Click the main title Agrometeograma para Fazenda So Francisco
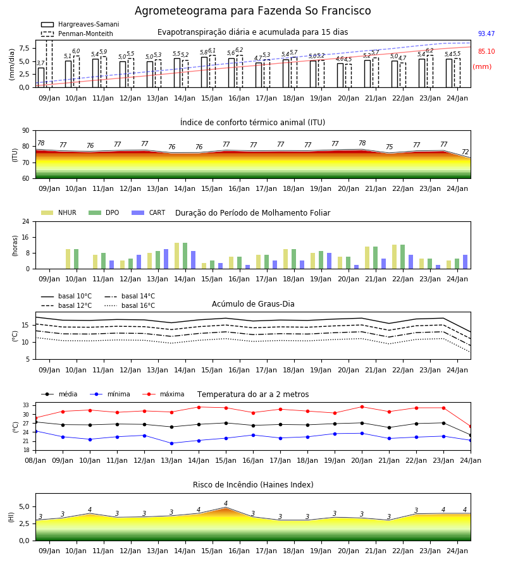252,11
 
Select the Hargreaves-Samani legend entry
80,24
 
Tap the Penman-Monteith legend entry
77,34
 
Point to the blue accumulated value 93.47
486,34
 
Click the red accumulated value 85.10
486,52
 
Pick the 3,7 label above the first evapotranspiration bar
40,63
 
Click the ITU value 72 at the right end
466,152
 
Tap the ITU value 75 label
389,147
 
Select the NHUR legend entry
59,212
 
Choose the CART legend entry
149,212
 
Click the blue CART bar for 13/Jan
166,259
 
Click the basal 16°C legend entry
130,306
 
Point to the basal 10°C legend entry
66,296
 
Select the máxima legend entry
163,394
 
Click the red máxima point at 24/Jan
471,427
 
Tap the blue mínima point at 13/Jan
171,443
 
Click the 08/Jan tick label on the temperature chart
35,460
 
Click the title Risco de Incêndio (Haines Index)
253,485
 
